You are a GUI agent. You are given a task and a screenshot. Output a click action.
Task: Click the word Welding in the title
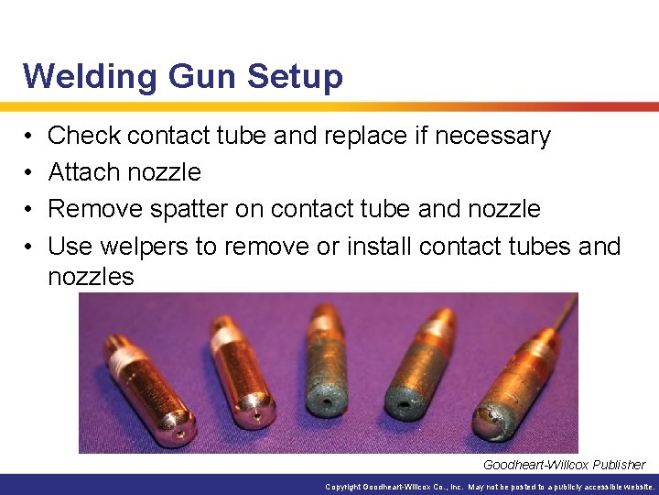[79, 76]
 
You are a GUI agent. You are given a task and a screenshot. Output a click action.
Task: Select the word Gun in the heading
[190, 76]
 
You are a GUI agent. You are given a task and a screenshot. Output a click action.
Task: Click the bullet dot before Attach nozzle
[29, 172]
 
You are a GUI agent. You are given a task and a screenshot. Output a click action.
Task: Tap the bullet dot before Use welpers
[29, 246]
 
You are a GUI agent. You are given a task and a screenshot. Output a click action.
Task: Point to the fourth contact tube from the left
[417, 362]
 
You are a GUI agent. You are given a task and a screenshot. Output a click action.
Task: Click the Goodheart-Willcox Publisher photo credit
[564, 465]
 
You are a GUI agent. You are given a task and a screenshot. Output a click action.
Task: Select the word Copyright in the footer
[346, 487]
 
